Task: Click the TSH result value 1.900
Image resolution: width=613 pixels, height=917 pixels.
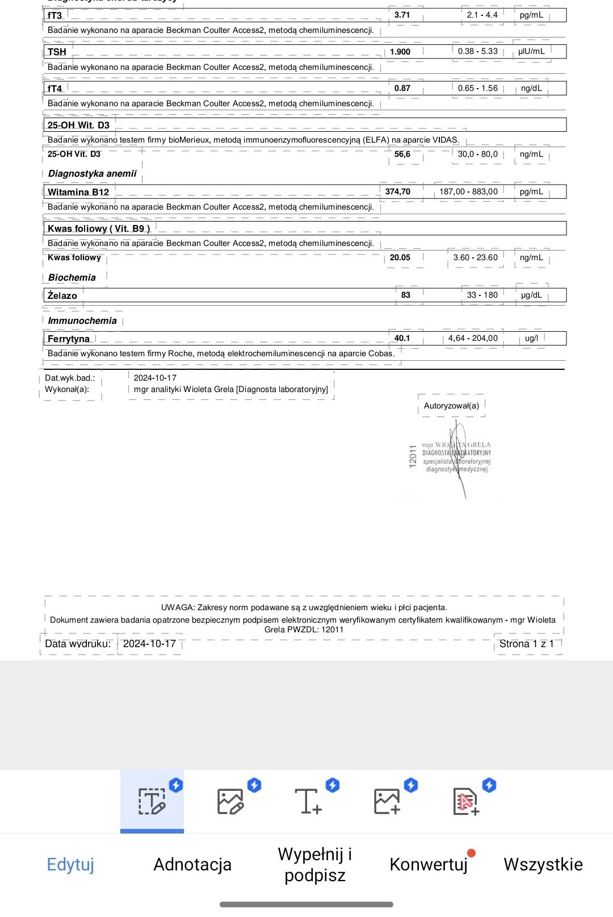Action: point(400,52)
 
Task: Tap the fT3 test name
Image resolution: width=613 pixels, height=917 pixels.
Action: point(55,15)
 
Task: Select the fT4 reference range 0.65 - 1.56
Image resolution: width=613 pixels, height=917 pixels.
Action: point(477,88)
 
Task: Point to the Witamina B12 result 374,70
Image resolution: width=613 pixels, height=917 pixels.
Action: point(397,191)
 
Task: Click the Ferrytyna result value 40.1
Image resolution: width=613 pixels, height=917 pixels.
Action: point(402,338)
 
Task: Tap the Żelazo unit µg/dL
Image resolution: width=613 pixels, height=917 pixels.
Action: point(531,295)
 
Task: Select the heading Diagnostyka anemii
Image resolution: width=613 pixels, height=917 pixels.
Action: point(92,173)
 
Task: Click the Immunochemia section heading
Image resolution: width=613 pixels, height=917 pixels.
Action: point(82,320)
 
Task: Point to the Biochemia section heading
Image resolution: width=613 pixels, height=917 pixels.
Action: point(72,277)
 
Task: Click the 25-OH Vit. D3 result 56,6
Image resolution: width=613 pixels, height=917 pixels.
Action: point(402,154)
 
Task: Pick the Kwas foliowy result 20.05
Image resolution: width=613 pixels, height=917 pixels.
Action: point(400,257)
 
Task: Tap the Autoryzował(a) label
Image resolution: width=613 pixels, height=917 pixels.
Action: point(451,406)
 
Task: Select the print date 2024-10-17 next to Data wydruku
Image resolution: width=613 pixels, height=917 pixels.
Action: point(149,644)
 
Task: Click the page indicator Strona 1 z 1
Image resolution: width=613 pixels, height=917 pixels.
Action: point(526,644)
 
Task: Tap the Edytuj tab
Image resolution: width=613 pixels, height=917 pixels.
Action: point(70,864)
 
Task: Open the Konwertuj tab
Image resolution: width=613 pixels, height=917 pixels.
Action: point(429,864)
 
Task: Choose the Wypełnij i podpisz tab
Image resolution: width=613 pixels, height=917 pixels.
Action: point(315,864)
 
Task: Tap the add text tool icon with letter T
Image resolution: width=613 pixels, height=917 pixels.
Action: point(308,801)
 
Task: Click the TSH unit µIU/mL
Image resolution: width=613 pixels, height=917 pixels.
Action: point(531,51)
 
